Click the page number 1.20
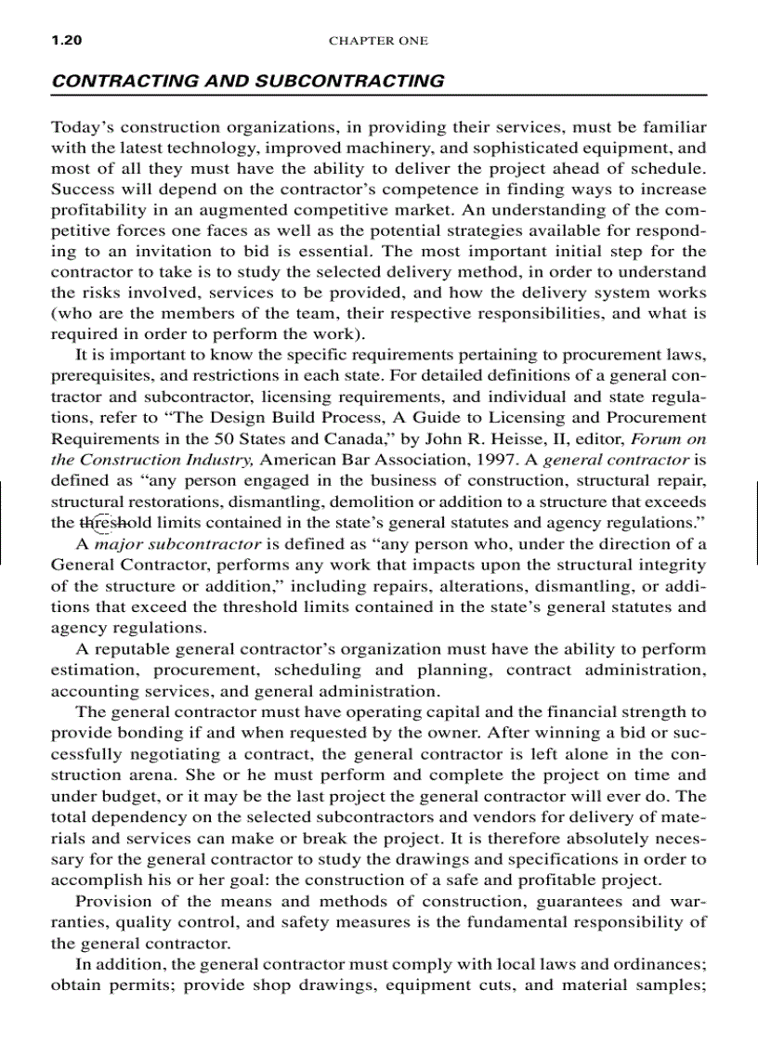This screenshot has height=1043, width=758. pos(67,41)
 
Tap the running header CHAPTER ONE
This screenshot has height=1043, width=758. pos(378,41)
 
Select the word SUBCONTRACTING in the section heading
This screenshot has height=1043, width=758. pos(353,81)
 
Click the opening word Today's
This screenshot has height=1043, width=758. pos(81,127)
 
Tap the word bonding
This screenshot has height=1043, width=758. pos(149,734)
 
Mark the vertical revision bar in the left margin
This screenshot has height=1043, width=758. pos(4,523)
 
